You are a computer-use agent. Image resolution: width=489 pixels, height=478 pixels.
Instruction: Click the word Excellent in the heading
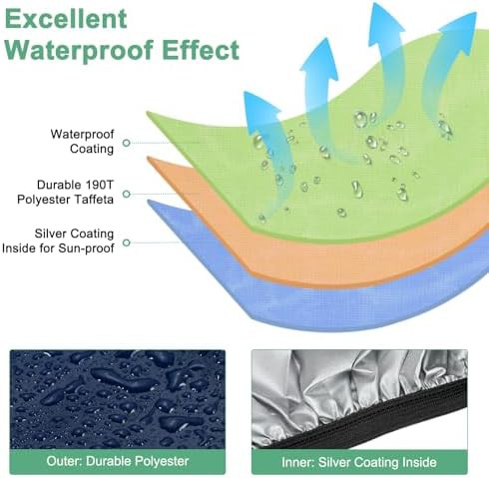[x=66, y=19]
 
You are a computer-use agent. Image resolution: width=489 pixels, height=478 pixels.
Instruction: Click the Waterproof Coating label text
[x=82, y=142]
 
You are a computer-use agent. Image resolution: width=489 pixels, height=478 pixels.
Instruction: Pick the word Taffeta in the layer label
[x=94, y=200]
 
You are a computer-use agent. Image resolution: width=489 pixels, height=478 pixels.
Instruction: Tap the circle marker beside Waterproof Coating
[x=126, y=143]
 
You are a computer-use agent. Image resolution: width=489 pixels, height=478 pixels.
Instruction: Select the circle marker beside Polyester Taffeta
[x=126, y=194]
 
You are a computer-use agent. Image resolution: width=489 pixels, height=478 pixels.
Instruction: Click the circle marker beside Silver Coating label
[x=126, y=242]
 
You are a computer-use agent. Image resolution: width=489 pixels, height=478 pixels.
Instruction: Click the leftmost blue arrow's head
[x=260, y=107]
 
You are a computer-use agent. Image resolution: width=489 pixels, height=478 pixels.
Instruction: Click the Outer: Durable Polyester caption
[x=118, y=461]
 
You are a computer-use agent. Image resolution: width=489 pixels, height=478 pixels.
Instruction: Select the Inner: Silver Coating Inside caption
[x=359, y=462]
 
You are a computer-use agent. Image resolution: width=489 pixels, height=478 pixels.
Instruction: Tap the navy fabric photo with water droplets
[x=118, y=399]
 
